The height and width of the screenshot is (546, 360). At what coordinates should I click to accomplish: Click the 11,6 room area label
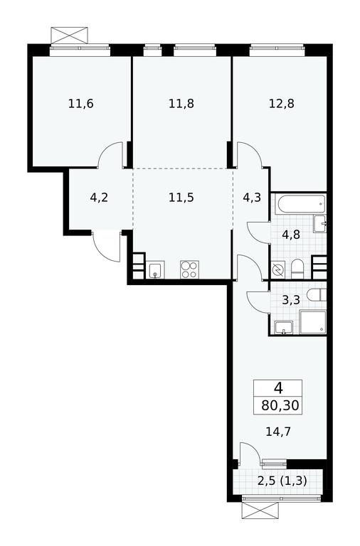pyautogui.click(x=81, y=103)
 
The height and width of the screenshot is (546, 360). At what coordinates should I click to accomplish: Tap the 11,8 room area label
pyautogui.click(x=181, y=103)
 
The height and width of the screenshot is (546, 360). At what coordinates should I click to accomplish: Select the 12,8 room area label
pyautogui.click(x=282, y=103)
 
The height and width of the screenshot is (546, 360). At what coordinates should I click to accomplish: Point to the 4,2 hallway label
pyautogui.click(x=99, y=198)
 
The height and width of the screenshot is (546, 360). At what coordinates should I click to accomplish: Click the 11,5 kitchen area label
pyautogui.click(x=181, y=198)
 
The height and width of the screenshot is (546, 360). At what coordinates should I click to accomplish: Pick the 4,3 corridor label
pyautogui.click(x=252, y=198)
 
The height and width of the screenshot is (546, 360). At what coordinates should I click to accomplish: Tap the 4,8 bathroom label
pyautogui.click(x=291, y=235)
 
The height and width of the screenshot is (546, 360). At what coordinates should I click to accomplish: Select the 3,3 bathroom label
pyautogui.click(x=291, y=300)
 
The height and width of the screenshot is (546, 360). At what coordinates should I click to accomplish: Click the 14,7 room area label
pyautogui.click(x=278, y=432)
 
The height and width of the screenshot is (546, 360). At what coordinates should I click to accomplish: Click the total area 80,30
pyautogui.click(x=280, y=406)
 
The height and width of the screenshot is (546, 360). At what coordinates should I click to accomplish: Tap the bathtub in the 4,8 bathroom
pyautogui.click(x=300, y=205)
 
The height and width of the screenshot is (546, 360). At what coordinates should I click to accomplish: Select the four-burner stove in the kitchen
pyautogui.click(x=189, y=269)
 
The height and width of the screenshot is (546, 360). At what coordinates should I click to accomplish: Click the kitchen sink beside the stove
pyautogui.click(x=155, y=270)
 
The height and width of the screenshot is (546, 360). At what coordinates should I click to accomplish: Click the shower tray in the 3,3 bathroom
pyautogui.click(x=313, y=323)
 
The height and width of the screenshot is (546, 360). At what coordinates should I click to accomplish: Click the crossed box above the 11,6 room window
pyautogui.click(x=69, y=36)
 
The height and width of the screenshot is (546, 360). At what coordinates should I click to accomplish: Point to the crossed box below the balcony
pyautogui.click(x=260, y=511)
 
